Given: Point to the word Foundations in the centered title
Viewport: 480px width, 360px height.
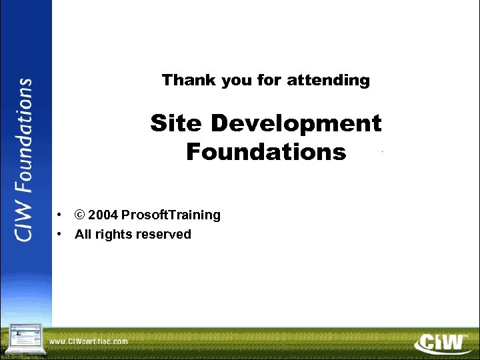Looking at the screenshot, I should tap(266, 152).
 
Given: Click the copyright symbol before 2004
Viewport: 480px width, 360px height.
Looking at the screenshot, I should tap(79, 215).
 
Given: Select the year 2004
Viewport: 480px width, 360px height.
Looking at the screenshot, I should tap(103, 215).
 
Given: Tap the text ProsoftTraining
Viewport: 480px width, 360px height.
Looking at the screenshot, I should tap(171, 215).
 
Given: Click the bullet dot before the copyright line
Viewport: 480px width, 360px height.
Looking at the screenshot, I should tap(60, 215).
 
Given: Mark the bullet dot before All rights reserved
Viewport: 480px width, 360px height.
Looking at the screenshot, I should tap(60, 234).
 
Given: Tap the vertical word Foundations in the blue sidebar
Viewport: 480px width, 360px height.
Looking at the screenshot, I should tap(24, 136).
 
